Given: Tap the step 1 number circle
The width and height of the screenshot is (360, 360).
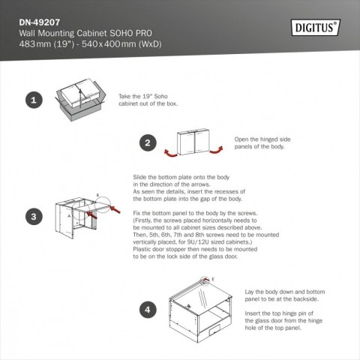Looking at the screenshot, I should [32, 99].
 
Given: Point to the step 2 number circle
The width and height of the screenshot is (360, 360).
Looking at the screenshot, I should [148, 143].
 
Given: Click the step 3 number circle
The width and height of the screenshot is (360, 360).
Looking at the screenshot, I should [32, 217].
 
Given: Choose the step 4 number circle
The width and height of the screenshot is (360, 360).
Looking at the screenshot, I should [148, 308].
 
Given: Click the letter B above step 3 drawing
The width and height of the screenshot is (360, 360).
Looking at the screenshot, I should [97, 194].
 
